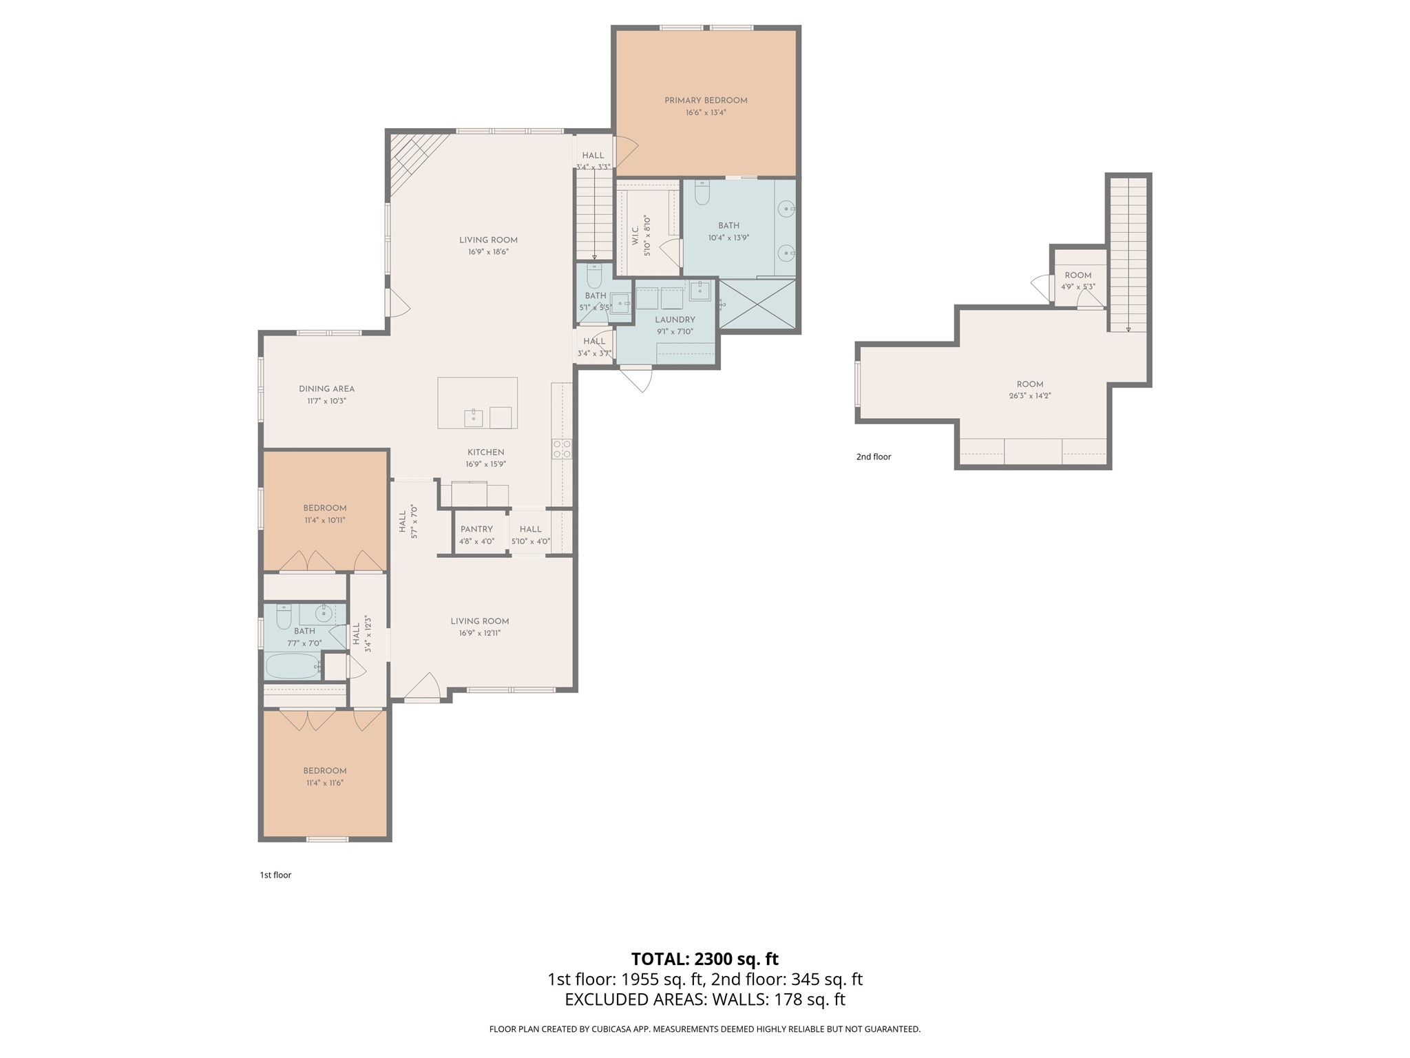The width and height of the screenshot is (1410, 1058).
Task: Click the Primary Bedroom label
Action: (706, 101)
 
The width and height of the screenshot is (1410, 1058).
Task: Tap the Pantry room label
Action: (476, 529)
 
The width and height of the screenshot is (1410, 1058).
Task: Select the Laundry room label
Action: (675, 320)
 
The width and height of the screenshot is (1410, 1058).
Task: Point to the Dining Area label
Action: (326, 388)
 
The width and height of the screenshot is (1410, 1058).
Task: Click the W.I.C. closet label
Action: (635, 234)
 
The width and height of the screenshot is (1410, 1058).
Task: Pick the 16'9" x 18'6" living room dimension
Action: (488, 252)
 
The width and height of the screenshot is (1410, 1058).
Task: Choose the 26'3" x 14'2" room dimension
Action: (1030, 396)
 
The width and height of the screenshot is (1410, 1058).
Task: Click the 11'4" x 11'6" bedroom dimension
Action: (325, 782)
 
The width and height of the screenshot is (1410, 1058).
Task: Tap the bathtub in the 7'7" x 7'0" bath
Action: (293, 666)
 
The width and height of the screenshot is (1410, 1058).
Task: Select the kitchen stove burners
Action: (562, 449)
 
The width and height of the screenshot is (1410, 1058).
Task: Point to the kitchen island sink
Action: (473, 417)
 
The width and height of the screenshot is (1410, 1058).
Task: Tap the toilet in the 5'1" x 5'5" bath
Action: (594, 276)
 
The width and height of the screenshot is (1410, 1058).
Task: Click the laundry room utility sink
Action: (699, 291)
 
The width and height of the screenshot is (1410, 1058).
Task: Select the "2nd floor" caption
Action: (874, 457)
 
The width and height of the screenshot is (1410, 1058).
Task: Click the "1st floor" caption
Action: (275, 875)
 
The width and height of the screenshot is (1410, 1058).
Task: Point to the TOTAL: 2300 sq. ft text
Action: (705, 959)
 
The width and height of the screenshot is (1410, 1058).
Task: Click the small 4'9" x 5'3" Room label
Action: (1078, 276)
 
